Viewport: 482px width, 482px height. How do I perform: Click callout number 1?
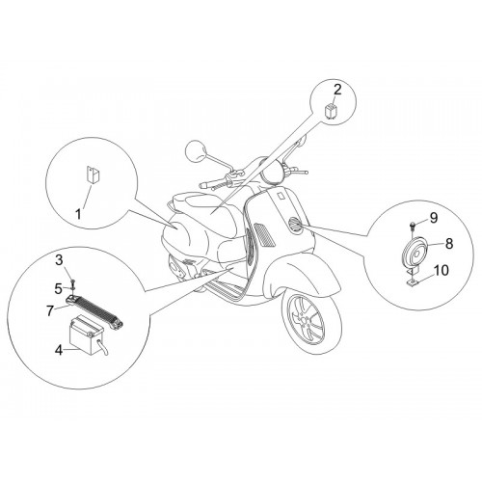point(78,214)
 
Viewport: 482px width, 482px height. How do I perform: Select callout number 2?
point(337,91)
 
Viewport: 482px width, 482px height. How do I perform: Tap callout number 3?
point(59,260)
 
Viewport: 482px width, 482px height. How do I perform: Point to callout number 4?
point(59,350)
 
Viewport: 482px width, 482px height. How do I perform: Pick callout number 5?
point(58,288)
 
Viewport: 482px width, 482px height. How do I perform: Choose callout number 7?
point(49,310)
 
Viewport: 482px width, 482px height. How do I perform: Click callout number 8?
point(449,243)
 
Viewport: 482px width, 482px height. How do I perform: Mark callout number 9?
point(434,218)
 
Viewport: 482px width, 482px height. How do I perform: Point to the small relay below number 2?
point(330,111)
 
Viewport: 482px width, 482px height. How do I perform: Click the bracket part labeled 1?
point(93,175)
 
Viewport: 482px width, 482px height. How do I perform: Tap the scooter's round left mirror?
point(196,150)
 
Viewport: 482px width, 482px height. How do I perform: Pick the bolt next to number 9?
point(413,227)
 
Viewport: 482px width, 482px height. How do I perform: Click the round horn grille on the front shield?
point(295,224)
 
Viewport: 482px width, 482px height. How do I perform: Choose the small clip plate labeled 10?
point(412,282)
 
